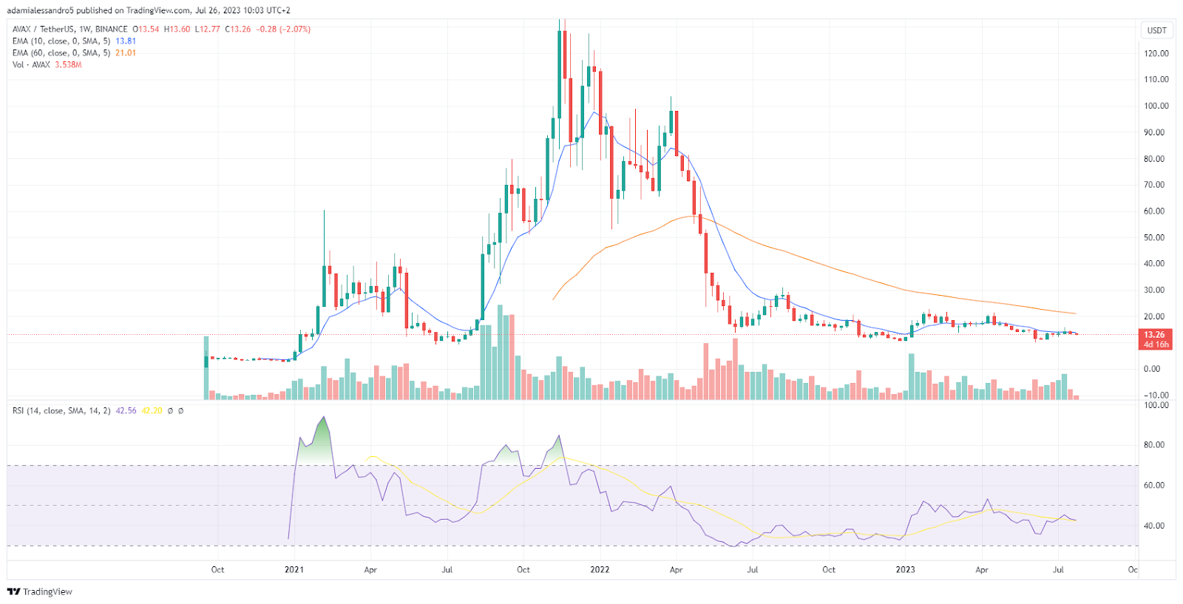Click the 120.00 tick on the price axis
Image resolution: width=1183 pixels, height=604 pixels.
pos(1156,53)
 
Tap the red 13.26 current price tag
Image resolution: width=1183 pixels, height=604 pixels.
pos(1155,335)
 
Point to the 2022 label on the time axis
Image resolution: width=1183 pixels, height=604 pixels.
pos(600,570)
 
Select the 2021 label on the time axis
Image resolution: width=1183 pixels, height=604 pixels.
pos(294,570)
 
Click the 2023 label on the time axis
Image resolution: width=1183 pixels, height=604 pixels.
pos(905,570)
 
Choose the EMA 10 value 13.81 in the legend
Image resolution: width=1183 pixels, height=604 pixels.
pos(126,41)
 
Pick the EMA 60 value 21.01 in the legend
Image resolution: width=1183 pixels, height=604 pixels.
pos(126,53)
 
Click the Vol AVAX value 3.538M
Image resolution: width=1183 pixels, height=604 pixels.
pos(68,65)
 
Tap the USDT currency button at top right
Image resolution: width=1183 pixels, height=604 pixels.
pos(1156,30)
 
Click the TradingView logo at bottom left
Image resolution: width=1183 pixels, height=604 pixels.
pos(40,591)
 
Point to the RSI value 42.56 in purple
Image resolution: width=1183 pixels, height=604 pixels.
pos(126,411)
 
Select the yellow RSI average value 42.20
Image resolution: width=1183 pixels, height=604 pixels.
pos(152,411)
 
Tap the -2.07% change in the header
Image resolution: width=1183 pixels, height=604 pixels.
pos(295,30)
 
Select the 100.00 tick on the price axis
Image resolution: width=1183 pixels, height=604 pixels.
pos(1156,106)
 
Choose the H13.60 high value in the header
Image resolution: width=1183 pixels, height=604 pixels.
pos(177,30)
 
